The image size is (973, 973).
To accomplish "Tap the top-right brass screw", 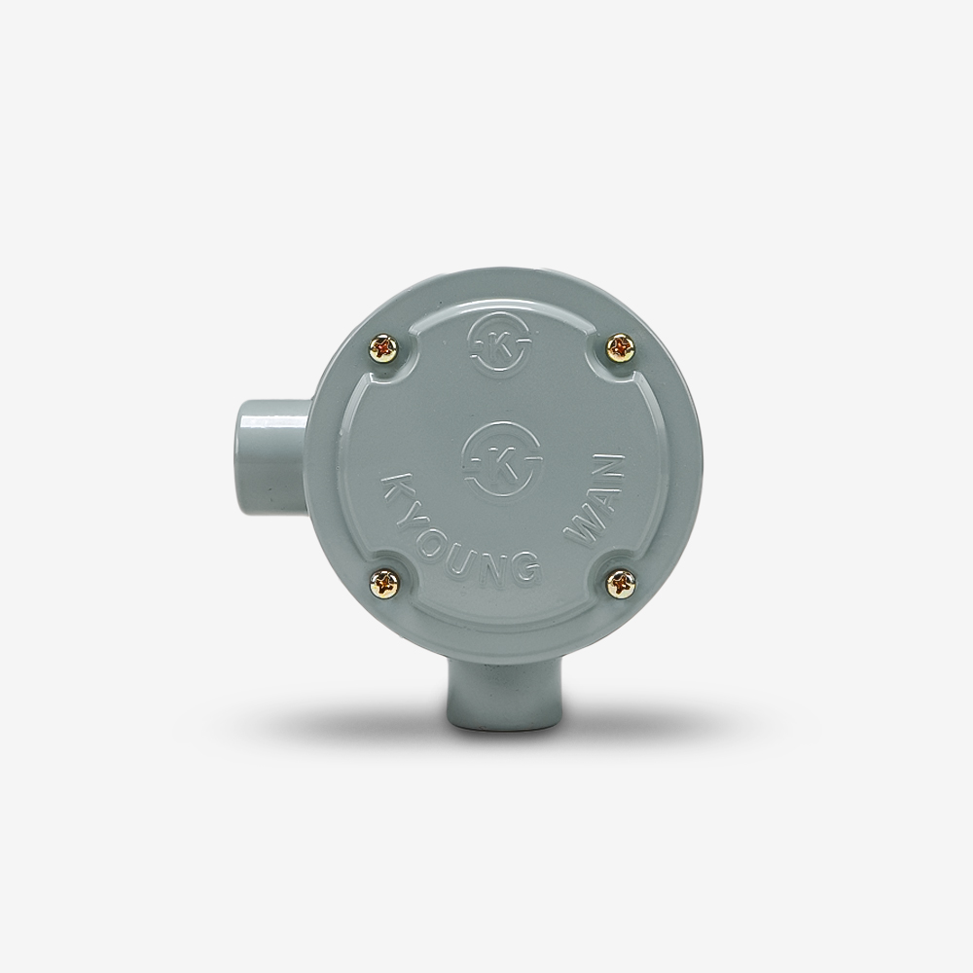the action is [x=621, y=347].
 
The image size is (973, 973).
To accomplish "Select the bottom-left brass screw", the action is [x=384, y=584].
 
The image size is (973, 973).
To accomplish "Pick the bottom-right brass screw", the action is [x=621, y=585].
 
